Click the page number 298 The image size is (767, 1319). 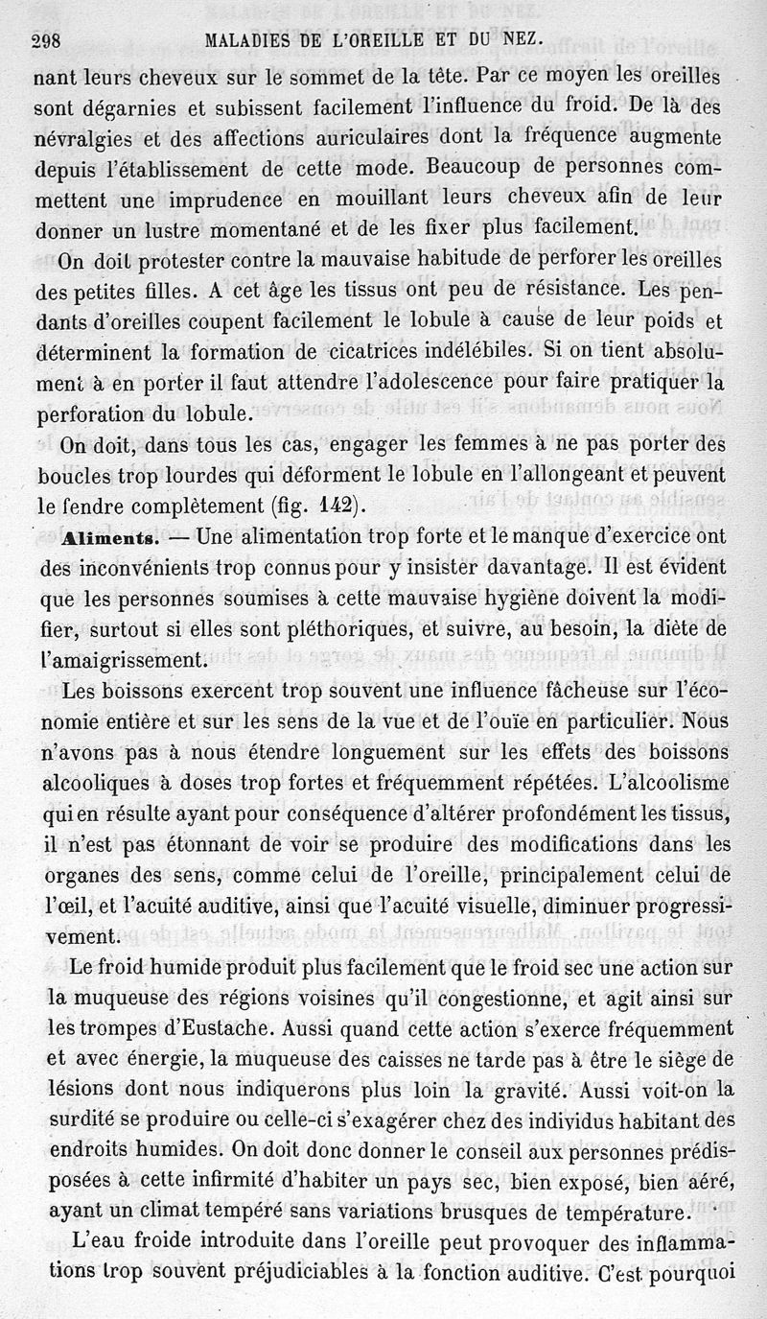click(47, 40)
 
